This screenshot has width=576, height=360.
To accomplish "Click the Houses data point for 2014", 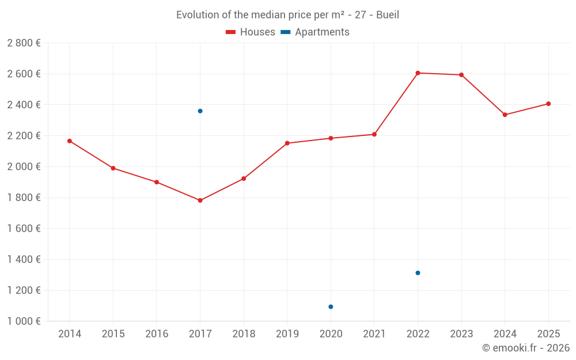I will click(x=70, y=141).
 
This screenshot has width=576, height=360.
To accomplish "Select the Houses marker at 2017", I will click(x=200, y=200).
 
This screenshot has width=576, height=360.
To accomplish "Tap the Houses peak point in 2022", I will click(x=418, y=73).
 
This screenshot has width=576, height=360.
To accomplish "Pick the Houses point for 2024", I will click(x=505, y=115).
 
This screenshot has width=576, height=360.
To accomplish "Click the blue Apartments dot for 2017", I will click(x=200, y=111).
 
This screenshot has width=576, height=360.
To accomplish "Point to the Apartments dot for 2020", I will click(x=331, y=307).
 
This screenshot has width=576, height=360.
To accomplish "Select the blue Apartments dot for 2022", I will click(x=418, y=273).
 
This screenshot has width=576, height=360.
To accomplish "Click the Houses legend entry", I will click(x=251, y=32).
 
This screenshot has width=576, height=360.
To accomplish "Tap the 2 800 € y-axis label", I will click(x=24, y=43).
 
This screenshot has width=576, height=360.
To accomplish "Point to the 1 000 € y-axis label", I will click(x=24, y=321).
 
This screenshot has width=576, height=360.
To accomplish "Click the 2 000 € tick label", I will click(x=24, y=167).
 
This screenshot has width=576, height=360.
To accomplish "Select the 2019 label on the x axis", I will click(x=287, y=334).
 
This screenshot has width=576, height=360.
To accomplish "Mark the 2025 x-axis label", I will click(x=548, y=334).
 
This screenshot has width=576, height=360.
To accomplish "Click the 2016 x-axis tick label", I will click(x=157, y=334).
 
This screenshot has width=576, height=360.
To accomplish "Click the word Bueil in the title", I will click(x=388, y=15).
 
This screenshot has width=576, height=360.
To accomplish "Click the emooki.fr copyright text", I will click(x=526, y=348).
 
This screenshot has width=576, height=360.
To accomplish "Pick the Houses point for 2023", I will click(x=461, y=75).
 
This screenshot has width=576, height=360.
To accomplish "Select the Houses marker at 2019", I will click(x=287, y=143).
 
